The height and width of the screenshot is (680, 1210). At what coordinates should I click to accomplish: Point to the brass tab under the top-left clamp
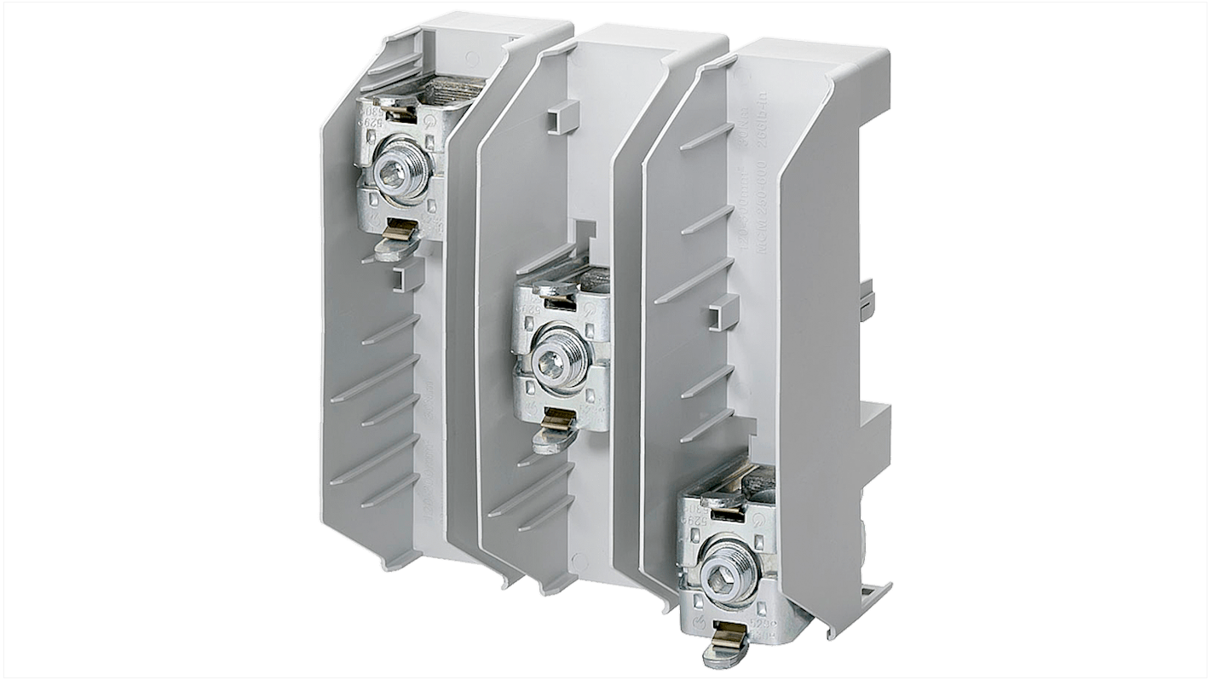[x=399, y=228]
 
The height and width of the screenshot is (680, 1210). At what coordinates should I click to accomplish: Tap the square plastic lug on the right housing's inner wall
[x=717, y=315]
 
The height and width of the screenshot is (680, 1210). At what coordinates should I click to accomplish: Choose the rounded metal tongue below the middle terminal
[x=543, y=440]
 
